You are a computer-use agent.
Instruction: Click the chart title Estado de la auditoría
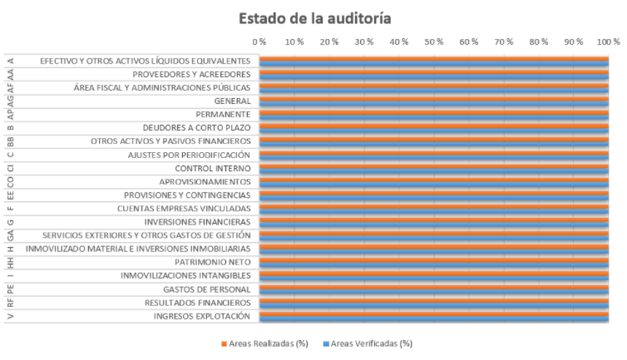[x=314, y=18]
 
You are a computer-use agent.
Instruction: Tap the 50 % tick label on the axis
[x=434, y=42]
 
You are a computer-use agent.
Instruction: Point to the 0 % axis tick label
[x=259, y=42]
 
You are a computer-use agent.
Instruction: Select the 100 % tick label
[x=608, y=42]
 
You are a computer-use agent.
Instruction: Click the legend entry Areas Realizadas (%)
[x=264, y=343]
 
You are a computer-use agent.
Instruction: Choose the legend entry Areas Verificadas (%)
[x=368, y=343]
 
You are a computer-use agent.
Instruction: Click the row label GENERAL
[x=232, y=101]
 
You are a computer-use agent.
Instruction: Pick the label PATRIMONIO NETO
[x=213, y=263]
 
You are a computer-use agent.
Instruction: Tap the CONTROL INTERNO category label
[x=213, y=169]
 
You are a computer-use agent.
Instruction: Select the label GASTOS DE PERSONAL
[x=207, y=289]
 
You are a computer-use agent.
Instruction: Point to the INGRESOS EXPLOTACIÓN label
[x=202, y=316]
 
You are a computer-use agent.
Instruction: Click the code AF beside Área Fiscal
[x=11, y=87]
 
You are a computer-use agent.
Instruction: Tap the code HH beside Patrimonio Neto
[x=11, y=263]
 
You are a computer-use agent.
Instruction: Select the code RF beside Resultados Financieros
[x=11, y=303]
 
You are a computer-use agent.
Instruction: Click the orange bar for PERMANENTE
[x=434, y=113]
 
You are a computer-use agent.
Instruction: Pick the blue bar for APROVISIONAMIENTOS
[x=434, y=184]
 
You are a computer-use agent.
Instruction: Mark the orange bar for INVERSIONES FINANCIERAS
[x=434, y=220]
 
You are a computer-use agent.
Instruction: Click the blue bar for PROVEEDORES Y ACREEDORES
[x=434, y=76]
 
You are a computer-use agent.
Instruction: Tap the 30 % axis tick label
[x=364, y=42]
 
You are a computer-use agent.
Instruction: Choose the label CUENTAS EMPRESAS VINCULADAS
[x=184, y=209]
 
